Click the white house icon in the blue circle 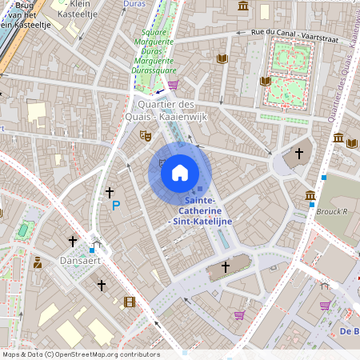click(x=180, y=172)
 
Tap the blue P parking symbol click(x=116, y=206)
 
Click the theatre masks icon click(x=146, y=136)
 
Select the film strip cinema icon click(x=130, y=302)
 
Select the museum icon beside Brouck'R click(x=310, y=196)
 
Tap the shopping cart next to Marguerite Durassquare click(x=173, y=84)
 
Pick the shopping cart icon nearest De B click(x=325, y=306)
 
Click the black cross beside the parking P click(x=110, y=193)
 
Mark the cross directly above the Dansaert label click(x=73, y=241)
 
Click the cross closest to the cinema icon click(x=102, y=285)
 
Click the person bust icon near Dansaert click(x=37, y=262)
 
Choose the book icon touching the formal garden click(x=266, y=81)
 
